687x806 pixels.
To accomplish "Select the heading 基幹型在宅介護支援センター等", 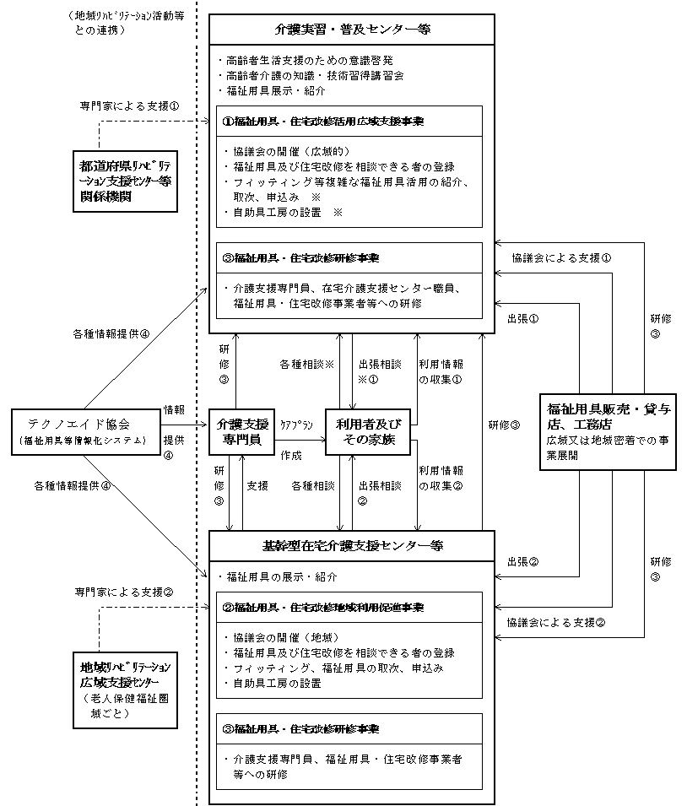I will [352, 546].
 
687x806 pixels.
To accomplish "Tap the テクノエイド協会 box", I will [87, 432].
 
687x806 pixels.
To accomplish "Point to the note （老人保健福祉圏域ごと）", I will [125, 706].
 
